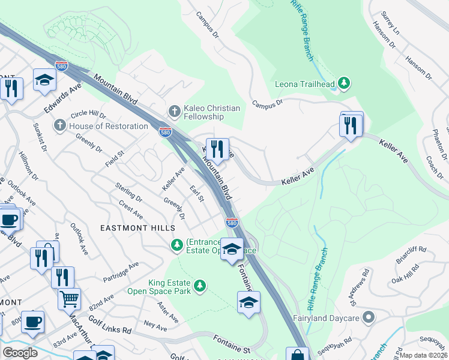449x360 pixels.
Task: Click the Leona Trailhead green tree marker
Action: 344,83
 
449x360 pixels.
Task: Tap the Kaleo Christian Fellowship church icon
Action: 175,111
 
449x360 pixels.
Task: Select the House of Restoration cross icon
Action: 59,126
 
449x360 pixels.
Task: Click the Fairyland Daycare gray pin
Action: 369,316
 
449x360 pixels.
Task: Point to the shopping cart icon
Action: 70,297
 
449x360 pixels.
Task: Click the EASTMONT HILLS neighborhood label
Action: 137,228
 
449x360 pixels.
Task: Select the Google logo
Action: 20,353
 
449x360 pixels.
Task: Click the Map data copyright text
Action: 424,355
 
